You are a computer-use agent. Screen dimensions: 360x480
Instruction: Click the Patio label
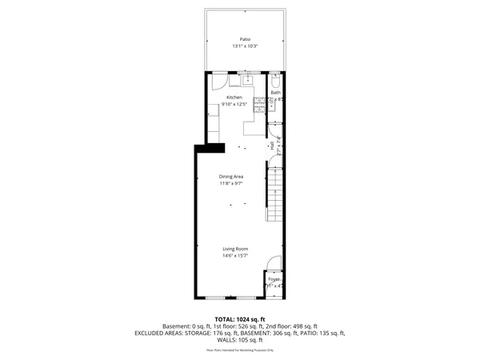pos(245,38)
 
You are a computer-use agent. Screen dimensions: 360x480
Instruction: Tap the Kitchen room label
pos(234,97)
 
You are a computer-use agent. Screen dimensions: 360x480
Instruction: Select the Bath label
pos(275,93)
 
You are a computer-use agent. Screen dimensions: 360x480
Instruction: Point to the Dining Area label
pos(231,176)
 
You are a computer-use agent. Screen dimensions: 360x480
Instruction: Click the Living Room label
pos(235,249)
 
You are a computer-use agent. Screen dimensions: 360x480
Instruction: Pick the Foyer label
pos(274,279)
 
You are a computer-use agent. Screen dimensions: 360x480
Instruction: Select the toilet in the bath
pos(274,82)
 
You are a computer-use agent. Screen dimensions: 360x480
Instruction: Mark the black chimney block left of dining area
pos(211,146)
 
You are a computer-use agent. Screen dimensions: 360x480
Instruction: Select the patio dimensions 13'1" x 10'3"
pos(245,46)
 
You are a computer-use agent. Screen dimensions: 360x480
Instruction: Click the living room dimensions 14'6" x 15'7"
pos(235,256)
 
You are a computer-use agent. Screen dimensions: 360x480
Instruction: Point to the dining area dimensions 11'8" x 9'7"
pos(231,183)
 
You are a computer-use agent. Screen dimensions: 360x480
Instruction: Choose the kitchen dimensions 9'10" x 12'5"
pos(234,103)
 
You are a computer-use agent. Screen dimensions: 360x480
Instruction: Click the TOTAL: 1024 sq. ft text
pos(240,319)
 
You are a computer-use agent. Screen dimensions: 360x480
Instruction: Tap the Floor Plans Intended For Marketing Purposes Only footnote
pos(240,350)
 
